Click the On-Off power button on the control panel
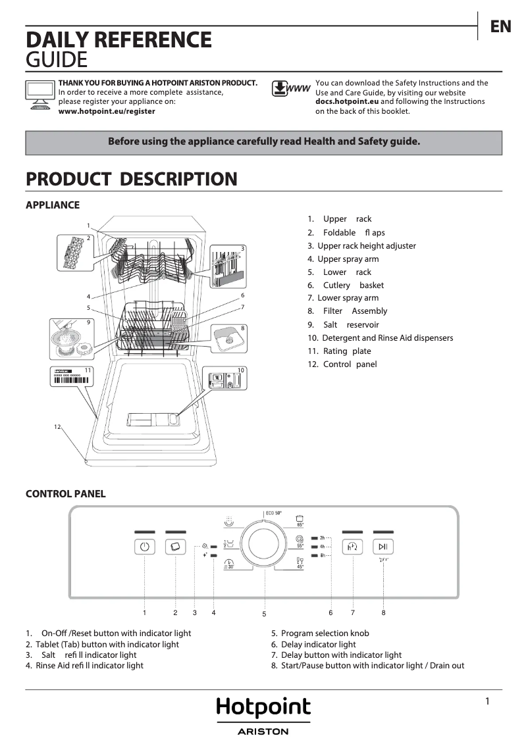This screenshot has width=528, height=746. point(144,547)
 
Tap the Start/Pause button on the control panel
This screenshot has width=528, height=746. point(383,547)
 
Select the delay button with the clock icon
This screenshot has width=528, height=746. point(353,547)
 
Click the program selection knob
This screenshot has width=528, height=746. point(264,545)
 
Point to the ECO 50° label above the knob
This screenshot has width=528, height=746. point(273,512)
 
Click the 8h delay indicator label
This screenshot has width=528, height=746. point(323,556)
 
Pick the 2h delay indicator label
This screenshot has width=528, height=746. point(323,537)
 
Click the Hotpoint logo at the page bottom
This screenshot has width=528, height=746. point(263,708)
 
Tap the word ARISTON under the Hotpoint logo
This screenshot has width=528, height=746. point(263,732)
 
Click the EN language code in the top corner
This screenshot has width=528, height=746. point(500,26)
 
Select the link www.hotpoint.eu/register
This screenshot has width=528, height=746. point(107,112)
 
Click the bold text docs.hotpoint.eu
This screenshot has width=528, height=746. point(347,102)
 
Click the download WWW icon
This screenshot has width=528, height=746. point(290,89)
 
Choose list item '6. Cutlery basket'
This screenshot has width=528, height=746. point(346,286)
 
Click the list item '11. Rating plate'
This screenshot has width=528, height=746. point(340,351)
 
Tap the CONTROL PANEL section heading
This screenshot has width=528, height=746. point(65,494)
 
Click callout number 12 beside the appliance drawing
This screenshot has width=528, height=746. point(57,427)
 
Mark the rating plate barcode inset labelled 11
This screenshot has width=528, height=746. point(71,382)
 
